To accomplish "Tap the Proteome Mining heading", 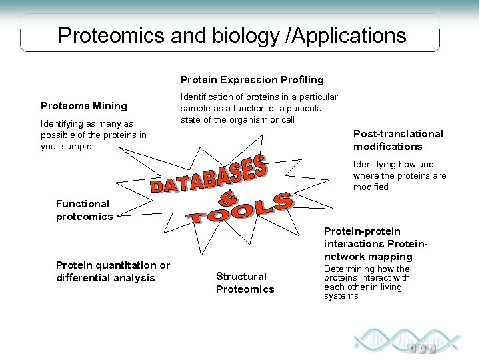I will [84, 105].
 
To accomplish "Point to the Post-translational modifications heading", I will [397, 140].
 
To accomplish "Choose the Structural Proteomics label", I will [244, 283].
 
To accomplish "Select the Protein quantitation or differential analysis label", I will [113, 271].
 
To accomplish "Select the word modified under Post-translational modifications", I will [371, 187].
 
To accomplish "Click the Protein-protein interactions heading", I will [367, 243].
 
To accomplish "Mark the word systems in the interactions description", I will [341, 295].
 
